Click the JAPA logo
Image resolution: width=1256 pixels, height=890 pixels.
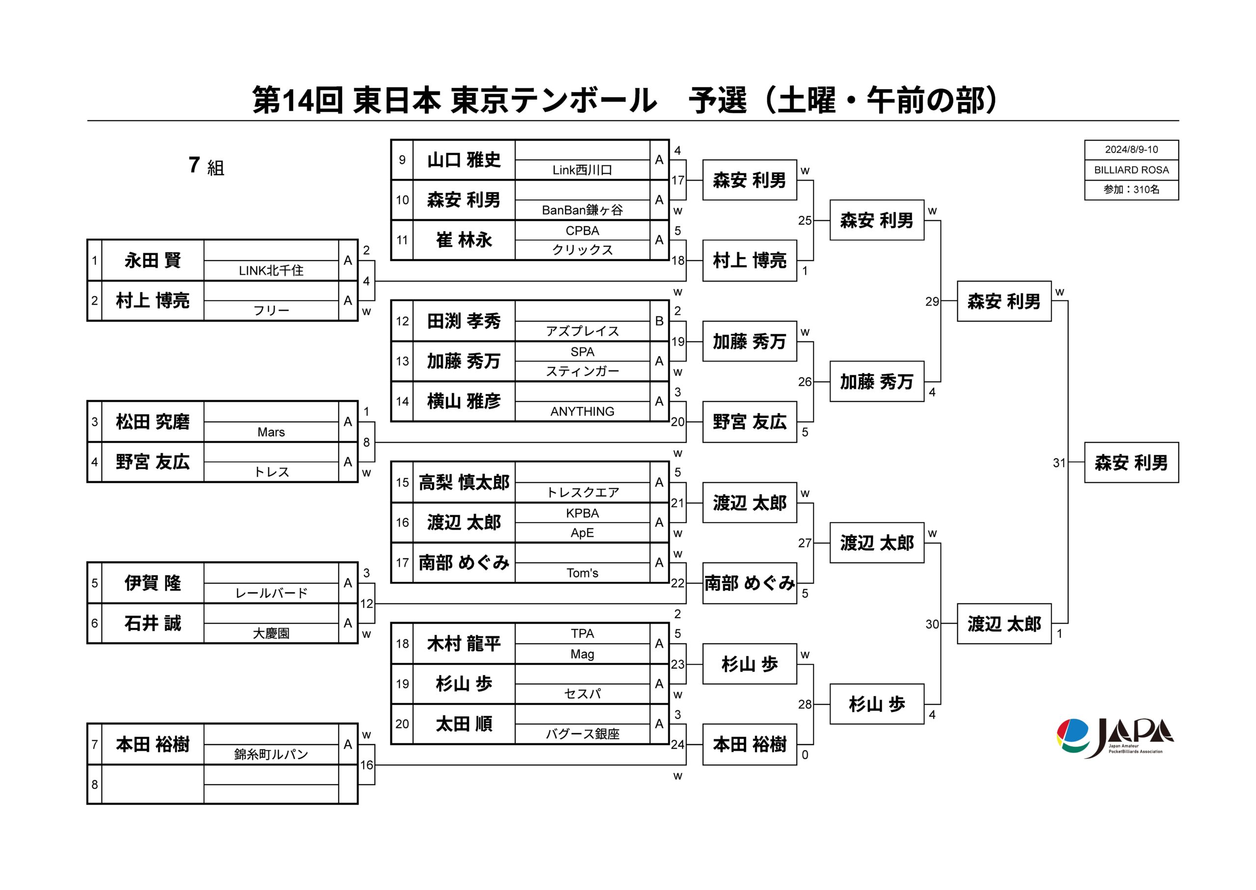(x=1115, y=738)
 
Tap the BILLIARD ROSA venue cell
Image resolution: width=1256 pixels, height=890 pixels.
(x=1131, y=170)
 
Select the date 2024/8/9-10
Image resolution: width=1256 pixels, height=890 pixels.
(x=1131, y=150)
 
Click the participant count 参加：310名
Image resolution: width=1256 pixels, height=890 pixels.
(x=1131, y=189)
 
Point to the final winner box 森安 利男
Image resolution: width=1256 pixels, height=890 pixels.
(x=1131, y=463)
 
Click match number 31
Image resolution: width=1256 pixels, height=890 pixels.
(x=1059, y=463)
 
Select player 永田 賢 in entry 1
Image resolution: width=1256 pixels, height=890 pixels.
(x=153, y=261)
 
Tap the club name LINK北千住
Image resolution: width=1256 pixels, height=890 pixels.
(x=271, y=270)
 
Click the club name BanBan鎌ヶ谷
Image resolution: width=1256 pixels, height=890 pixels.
(x=582, y=210)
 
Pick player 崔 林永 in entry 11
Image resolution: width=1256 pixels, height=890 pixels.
(x=464, y=240)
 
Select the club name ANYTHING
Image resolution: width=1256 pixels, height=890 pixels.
(x=582, y=412)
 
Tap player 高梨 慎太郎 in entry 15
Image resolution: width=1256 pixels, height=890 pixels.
(x=464, y=482)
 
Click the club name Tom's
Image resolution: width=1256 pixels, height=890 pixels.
(x=582, y=573)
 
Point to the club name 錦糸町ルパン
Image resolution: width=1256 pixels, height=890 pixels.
(x=271, y=755)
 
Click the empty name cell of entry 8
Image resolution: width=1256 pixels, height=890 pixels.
(x=153, y=784)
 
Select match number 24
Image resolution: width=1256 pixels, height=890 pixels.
(x=678, y=745)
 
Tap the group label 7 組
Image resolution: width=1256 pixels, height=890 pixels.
(x=206, y=165)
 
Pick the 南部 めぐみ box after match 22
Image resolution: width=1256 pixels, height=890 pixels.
(x=749, y=583)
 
